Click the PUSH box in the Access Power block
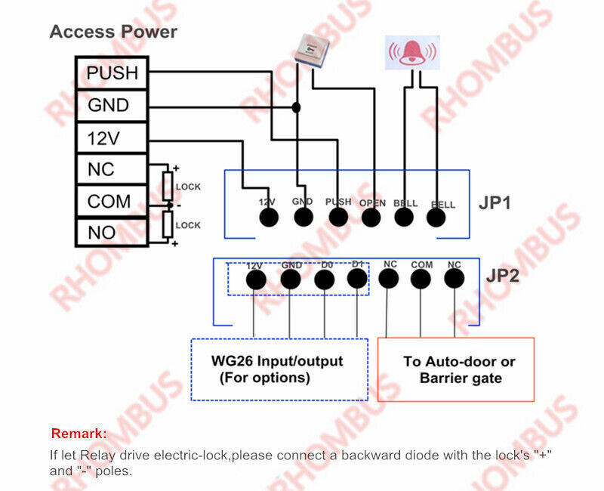coord(112,73)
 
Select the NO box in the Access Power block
coord(112,233)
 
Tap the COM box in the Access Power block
coord(112,202)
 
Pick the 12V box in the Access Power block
coord(112,138)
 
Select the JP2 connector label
coord(503,276)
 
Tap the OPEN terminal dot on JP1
coord(371,218)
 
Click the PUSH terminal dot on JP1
coord(338,218)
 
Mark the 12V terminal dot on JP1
coord(268,218)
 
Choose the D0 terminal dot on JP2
coord(324,279)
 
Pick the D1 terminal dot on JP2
coord(357,279)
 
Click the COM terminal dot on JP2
coord(421,279)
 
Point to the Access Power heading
coord(113,32)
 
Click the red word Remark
coord(79,434)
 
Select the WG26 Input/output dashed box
coord(279,369)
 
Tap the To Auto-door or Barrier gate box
coord(455,369)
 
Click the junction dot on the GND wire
coord(296,107)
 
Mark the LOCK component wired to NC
coord(167,186)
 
